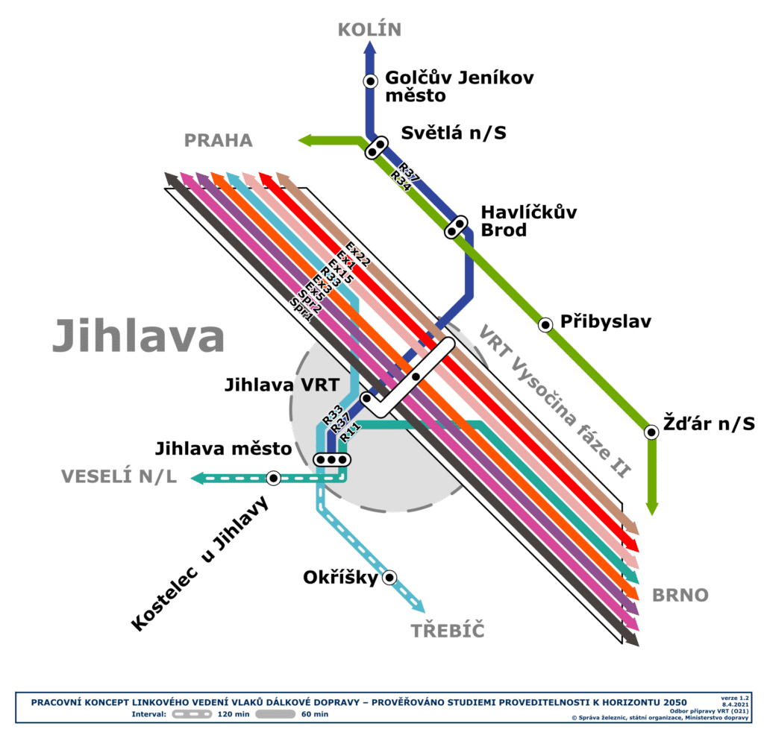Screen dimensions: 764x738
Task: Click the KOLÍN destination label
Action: click(369, 30)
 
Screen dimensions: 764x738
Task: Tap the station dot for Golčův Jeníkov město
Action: click(370, 81)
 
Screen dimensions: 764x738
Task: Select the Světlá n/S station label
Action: click(454, 133)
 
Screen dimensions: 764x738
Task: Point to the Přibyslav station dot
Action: click(545, 324)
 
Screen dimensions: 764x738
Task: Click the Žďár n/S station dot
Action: click(651, 432)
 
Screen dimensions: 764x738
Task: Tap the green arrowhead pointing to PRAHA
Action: click(304, 141)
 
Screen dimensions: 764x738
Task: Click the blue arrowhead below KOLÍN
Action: click(370, 47)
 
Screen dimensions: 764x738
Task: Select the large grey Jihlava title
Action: click(138, 336)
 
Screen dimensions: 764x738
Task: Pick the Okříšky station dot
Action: click(389, 577)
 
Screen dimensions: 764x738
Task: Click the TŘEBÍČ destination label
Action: click(448, 631)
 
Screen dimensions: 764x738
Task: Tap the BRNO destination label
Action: click(680, 596)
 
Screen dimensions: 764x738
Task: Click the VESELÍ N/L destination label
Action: click(119, 476)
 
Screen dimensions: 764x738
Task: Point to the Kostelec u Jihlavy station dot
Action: click(274, 478)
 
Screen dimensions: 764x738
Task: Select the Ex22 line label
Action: click(358, 253)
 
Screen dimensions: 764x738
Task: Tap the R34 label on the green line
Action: click(401, 180)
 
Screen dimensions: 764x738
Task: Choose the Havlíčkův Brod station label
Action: click(529, 221)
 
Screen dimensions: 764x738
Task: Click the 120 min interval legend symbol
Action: click(192, 714)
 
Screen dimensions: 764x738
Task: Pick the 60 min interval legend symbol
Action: click(275, 714)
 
